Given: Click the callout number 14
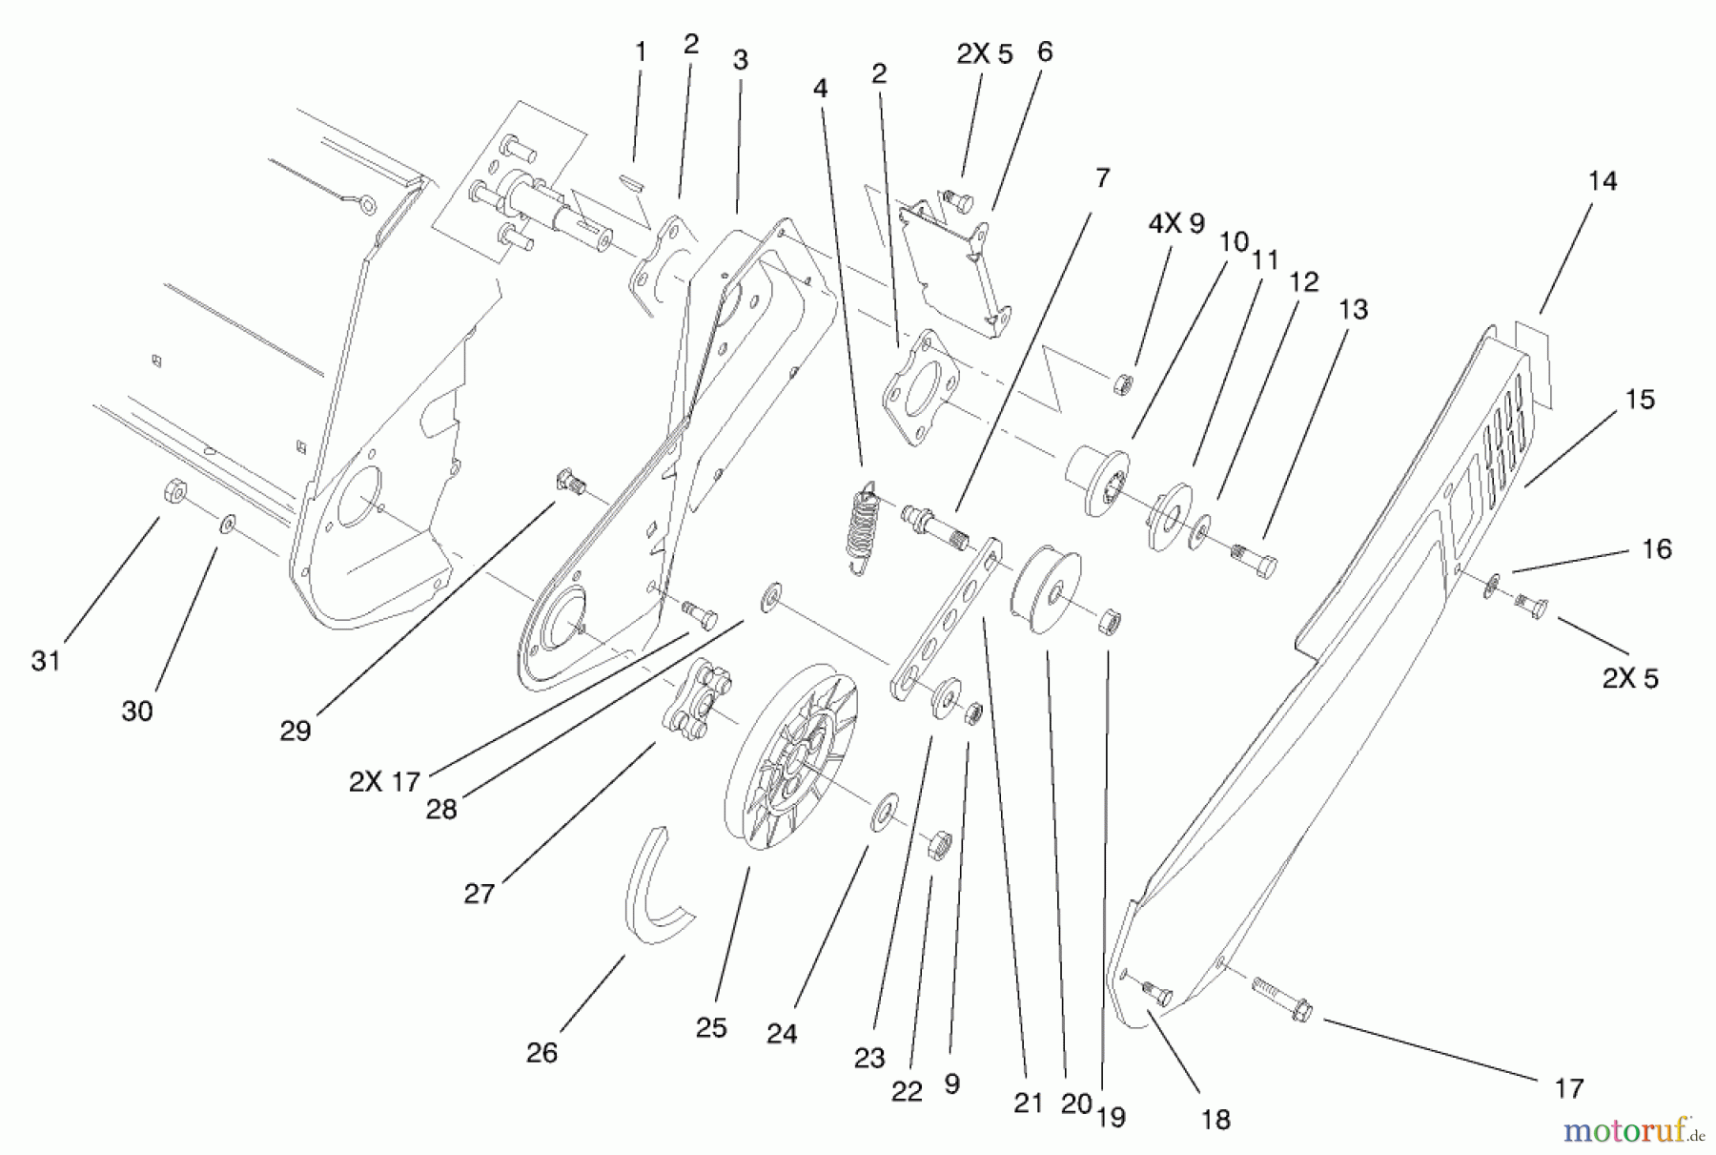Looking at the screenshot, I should click(1603, 181).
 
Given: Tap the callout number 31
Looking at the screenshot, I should click(46, 660).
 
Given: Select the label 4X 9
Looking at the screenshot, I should click(1176, 224).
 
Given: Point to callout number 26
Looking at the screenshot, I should click(541, 1053).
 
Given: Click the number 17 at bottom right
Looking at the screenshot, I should click(1569, 1087).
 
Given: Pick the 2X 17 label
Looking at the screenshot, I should click(384, 782).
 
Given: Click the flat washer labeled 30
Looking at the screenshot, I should click(228, 524).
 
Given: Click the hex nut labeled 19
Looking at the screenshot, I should click(1109, 622).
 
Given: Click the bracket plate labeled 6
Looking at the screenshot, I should click(953, 267).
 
